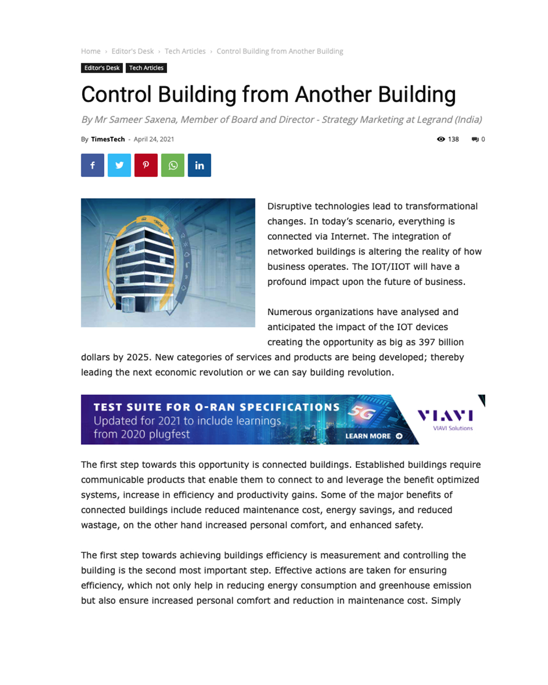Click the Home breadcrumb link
(91, 51)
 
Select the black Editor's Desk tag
(102, 68)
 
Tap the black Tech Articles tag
(146, 68)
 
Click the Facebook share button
(93, 165)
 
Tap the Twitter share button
(120, 165)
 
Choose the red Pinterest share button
(146, 165)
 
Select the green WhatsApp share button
(173, 165)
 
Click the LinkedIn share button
(200, 165)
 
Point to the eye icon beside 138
(441, 139)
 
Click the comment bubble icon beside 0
(475, 139)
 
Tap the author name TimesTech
(108, 139)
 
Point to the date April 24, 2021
(154, 139)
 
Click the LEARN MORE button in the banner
(374, 436)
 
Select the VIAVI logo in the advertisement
(445, 416)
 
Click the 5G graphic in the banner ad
(363, 413)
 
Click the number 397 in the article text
(427, 342)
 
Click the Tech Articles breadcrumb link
(185, 51)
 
